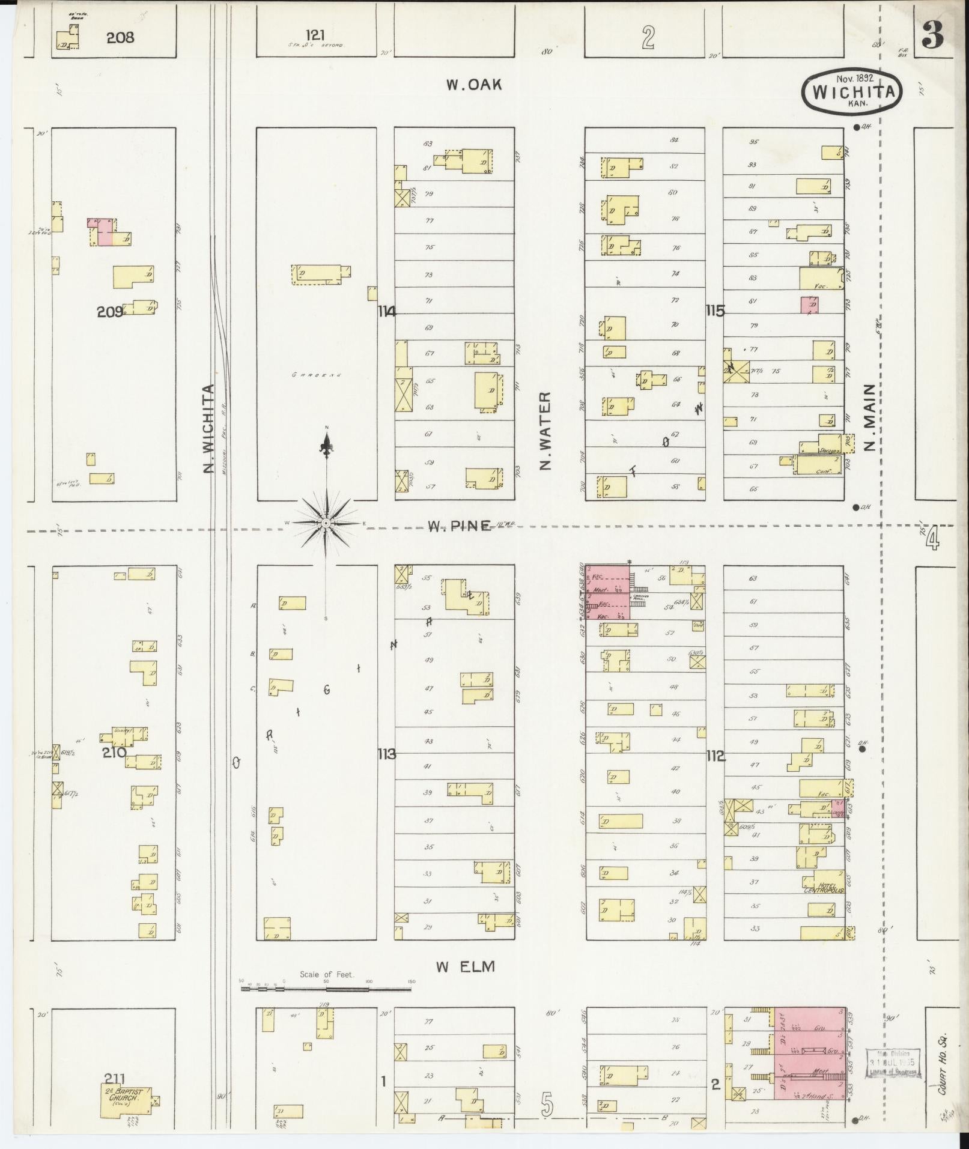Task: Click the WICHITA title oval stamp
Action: [x=852, y=90]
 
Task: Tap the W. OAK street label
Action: [x=473, y=85]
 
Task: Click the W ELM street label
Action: [x=465, y=966]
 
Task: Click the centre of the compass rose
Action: [x=326, y=524]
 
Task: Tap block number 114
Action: [x=387, y=311]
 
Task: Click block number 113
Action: [x=386, y=754]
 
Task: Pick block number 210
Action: [x=114, y=751]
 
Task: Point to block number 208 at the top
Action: [x=120, y=38]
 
